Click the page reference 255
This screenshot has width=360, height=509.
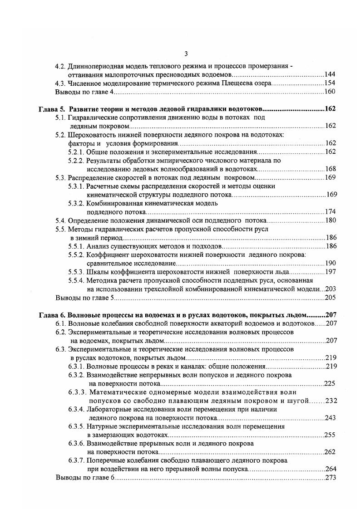[x=330, y=435]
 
